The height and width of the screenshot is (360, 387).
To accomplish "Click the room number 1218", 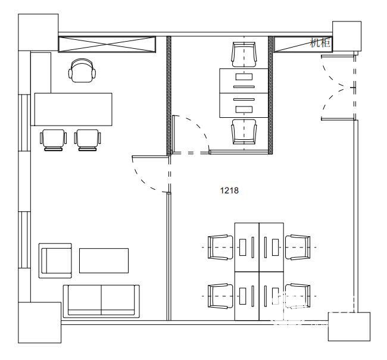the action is point(229,190).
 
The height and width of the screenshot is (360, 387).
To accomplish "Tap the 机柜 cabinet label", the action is point(320,43).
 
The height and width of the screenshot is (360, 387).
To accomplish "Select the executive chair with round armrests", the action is point(82,71).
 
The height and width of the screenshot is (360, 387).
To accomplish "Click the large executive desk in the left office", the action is point(73,109).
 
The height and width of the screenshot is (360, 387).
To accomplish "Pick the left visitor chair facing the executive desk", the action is point(53,140).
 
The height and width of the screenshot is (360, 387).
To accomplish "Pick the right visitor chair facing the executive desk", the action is point(88,140).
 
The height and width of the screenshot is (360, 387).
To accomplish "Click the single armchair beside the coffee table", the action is point(55,261).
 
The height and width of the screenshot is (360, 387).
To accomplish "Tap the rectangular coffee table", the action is point(104,261).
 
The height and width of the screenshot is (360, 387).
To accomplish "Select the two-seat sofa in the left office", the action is point(101,301).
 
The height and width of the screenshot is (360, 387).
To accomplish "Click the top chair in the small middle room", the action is point(244,55).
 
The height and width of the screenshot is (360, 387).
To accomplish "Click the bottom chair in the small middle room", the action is point(244,132).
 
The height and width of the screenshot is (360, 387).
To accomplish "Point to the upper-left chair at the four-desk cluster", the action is point(220,247).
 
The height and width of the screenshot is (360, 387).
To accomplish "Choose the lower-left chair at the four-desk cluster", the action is point(220,296).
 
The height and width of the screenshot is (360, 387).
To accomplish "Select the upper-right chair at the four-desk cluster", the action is point(298,247).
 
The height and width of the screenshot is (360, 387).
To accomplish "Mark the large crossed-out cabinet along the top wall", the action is point(107,45).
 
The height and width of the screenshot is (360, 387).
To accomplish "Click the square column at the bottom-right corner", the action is point(349,327).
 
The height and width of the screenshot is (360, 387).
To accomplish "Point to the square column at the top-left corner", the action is point(38,32).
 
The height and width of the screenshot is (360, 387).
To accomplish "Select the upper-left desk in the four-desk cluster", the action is point(247,247).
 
